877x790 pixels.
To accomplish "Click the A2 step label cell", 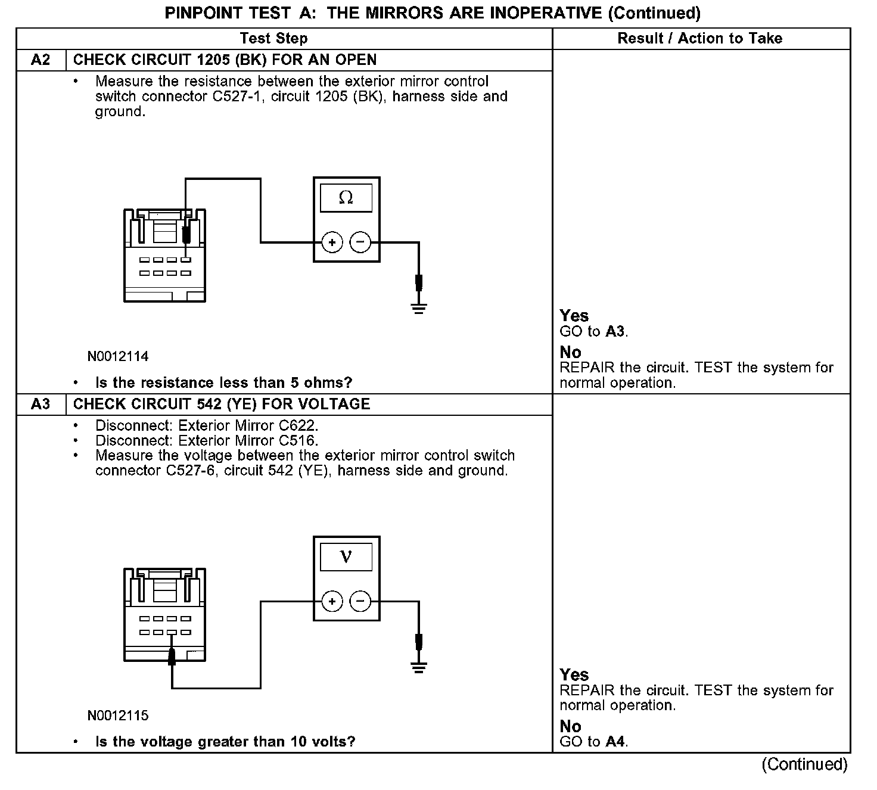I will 41,60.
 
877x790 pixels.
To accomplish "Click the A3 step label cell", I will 41,405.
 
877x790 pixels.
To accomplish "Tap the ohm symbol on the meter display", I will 346,198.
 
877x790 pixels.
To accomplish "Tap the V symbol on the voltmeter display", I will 346,557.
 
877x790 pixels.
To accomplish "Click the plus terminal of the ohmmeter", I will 332,242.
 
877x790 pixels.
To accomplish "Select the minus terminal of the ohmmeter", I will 360,242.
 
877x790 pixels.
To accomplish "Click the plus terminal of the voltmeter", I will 332,602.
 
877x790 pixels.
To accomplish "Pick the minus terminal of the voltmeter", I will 360,602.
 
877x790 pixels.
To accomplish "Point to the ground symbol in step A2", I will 419,309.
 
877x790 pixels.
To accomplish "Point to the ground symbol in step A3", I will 419,667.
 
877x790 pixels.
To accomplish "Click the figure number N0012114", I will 118,357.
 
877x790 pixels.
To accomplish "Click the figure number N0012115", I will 118,716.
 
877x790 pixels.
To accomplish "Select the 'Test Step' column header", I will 273,39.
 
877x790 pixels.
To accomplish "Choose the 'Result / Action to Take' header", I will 699,39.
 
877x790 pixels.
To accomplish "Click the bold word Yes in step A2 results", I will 574,316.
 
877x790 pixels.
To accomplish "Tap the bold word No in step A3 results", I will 570,726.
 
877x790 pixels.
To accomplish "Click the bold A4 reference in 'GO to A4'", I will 616,742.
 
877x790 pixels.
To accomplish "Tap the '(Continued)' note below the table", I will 804,764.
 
